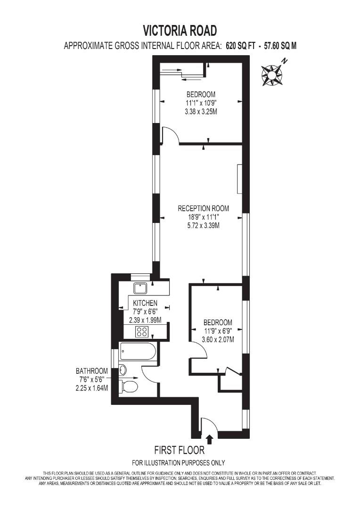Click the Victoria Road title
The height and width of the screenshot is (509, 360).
(180, 31)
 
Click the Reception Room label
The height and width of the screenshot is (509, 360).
(203, 208)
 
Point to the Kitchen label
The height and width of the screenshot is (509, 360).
(145, 303)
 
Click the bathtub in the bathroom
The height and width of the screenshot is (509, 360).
(137, 351)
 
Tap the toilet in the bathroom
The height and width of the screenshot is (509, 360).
(129, 387)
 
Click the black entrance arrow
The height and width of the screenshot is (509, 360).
(210, 439)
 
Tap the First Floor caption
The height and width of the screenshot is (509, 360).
(180, 451)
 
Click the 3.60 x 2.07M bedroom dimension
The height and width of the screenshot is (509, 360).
(218, 339)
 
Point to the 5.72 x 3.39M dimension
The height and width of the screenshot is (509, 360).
(203, 226)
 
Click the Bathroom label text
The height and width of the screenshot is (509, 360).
(92, 371)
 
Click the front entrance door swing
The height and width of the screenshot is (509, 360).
(208, 425)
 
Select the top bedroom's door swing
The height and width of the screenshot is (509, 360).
(170, 135)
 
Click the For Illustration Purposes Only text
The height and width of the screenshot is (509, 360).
(179, 462)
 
